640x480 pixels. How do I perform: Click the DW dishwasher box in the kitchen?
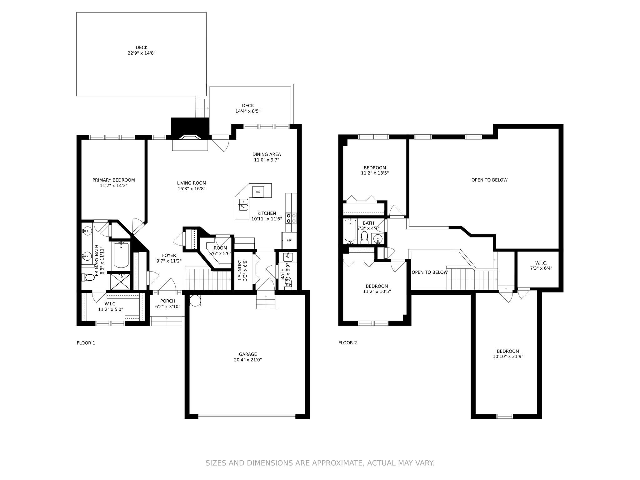coord(258,192)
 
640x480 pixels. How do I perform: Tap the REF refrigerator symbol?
coord(289,240)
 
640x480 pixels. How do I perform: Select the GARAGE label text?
coord(248,354)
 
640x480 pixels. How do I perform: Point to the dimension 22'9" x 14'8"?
coord(142,53)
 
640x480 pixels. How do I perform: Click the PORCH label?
coord(167,301)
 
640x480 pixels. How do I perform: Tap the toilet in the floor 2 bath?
coord(364,237)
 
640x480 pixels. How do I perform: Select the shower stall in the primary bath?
coord(120,281)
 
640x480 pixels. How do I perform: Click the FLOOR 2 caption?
coord(347,343)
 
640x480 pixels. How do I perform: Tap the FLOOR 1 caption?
coord(86,343)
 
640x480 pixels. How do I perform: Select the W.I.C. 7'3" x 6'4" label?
coord(541,266)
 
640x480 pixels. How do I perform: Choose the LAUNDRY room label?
coord(240,270)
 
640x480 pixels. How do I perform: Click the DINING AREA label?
coord(267,154)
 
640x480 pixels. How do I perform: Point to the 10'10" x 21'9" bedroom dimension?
coord(508,357)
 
